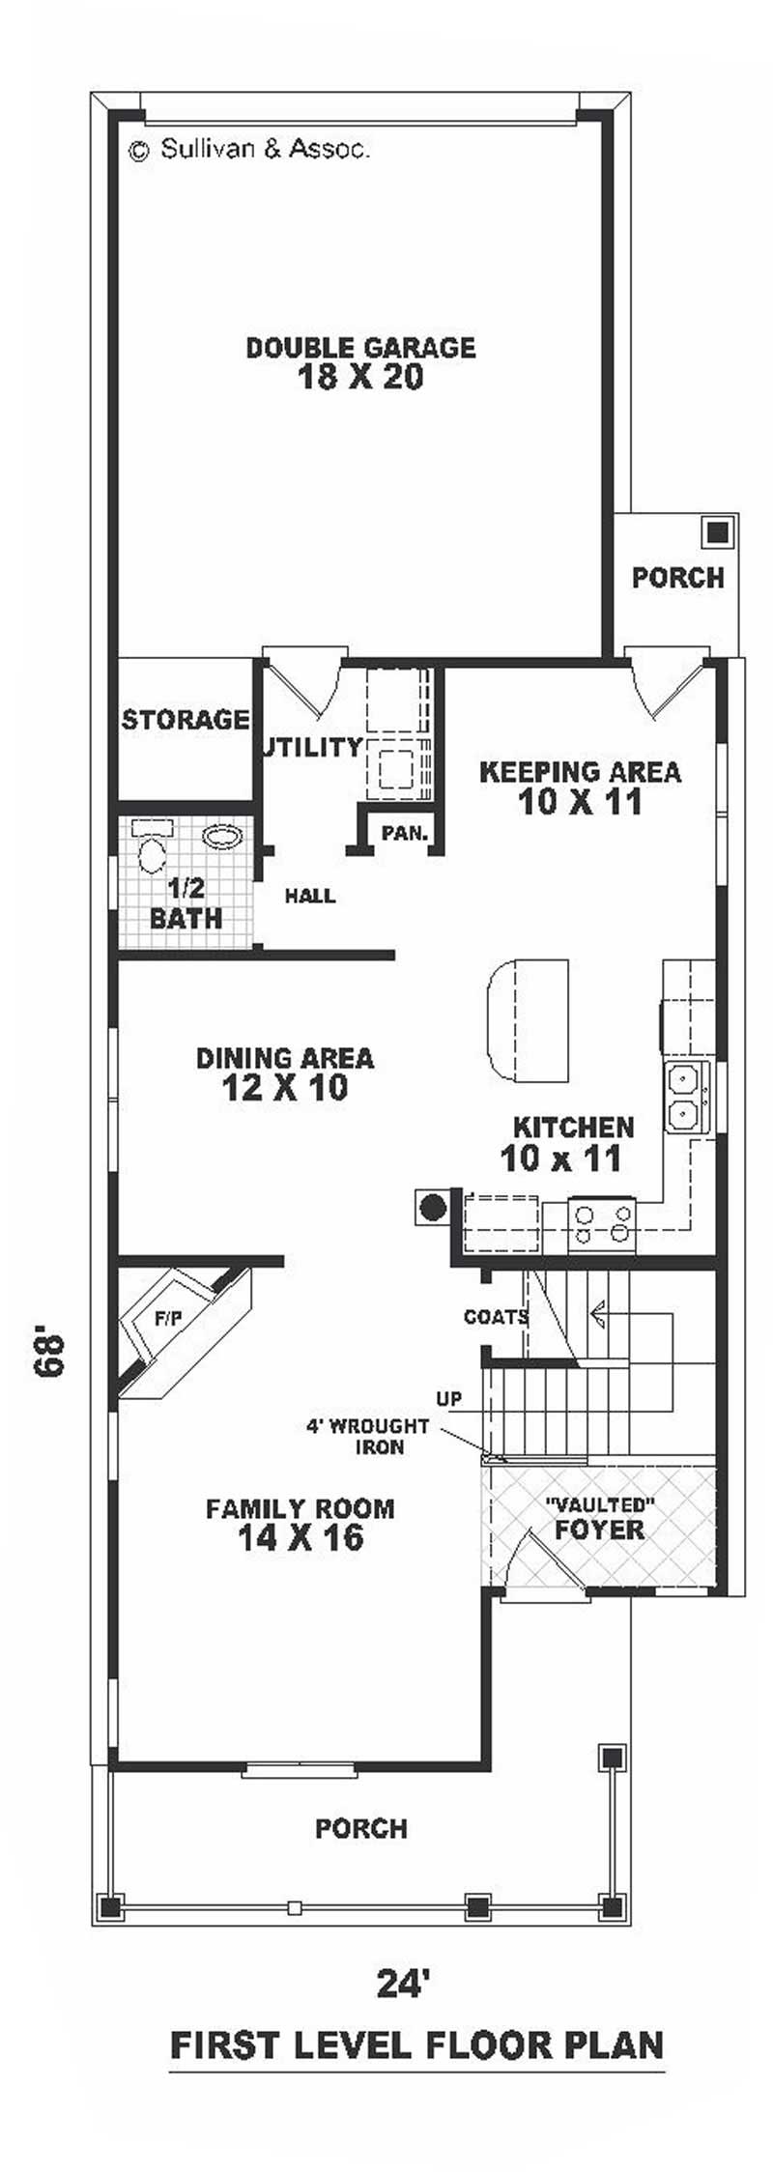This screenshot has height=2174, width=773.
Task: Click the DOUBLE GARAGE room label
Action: tap(360, 347)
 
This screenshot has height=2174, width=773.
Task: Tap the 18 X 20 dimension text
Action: tap(360, 377)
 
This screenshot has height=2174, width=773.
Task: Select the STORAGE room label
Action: tap(185, 720)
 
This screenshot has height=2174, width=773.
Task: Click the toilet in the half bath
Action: tap(152, 853)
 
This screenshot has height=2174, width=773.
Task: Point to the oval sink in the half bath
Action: tap(222, 837)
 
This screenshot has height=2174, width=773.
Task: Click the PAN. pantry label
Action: tap(404, 833)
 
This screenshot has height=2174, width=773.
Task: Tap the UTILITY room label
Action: tap(312, 747)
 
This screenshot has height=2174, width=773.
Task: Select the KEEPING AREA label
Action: tap(580, 772)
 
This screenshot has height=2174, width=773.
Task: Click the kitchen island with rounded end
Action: tap(526, 1022)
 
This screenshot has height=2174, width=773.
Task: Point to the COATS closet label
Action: tap(496, 1317)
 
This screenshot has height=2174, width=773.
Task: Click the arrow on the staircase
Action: tap(597, 1311)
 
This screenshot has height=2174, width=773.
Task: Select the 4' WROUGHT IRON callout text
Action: tap(368, 1436)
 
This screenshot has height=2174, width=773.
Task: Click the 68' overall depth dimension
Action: tap(47, 1354)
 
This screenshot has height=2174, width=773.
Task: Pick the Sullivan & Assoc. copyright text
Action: tap(249, 149)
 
